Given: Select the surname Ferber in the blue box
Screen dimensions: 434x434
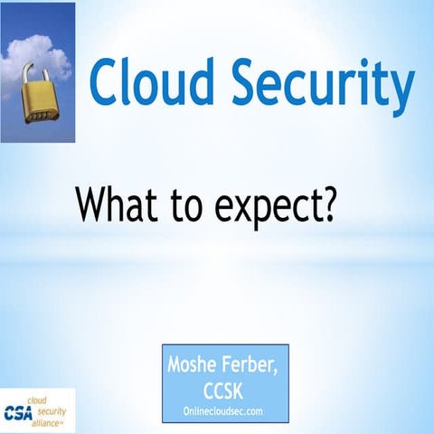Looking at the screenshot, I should click(257, 366).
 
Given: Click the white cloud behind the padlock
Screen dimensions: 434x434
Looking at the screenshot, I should click(51, 54).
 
